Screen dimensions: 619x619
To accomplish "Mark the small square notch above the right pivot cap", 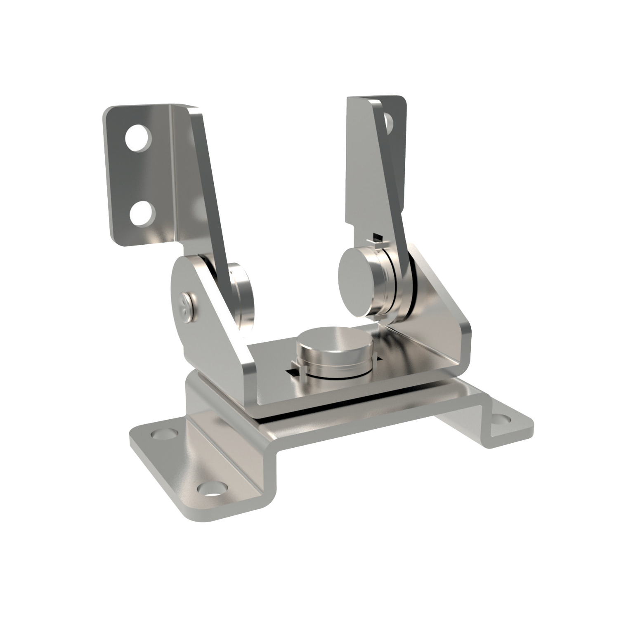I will pos(377,237).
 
